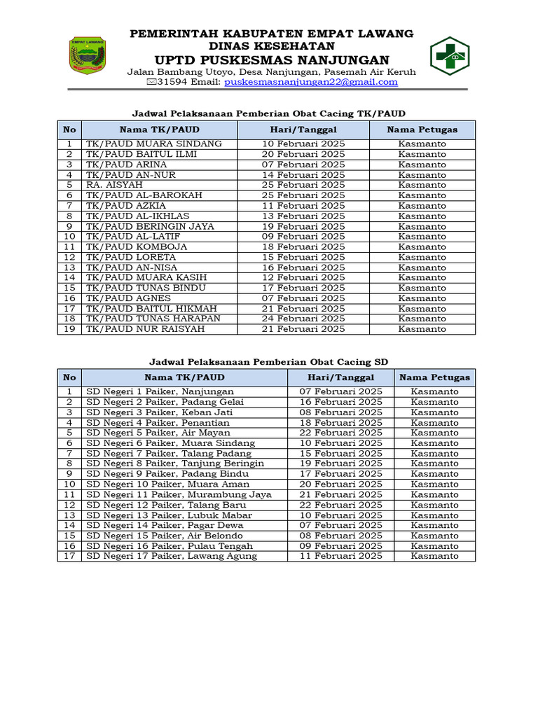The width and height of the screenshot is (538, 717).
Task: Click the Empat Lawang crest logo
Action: (x=87, y=55)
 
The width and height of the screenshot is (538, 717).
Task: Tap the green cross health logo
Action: (x=450, y=55)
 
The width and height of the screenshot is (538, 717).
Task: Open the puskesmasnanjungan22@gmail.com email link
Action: (x=310, y=82)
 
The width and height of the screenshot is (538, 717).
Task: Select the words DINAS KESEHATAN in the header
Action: (x=272, y=46)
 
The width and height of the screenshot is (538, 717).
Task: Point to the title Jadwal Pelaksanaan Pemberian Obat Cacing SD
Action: (x=269, y=361)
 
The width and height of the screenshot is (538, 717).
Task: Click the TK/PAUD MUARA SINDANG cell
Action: (x=153, y=144)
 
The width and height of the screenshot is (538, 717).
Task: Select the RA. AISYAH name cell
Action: (x=109, y=185)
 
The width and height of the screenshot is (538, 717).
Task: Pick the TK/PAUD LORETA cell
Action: (x=131, y=257)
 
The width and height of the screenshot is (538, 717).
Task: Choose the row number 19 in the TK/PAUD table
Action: (x=69, y=329)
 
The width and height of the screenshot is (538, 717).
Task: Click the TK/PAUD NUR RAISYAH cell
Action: (x=145, y=329)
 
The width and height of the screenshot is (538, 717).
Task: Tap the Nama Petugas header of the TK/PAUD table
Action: (x=422, y=130)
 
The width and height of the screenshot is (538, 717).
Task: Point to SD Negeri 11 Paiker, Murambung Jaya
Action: (x=179, y=494)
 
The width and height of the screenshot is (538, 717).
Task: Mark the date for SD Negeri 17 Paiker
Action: (x=340, y=556)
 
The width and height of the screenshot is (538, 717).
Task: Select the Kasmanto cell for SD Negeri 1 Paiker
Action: (x=434, y=391)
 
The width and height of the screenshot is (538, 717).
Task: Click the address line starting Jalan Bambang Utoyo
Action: (x=271, y=72)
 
